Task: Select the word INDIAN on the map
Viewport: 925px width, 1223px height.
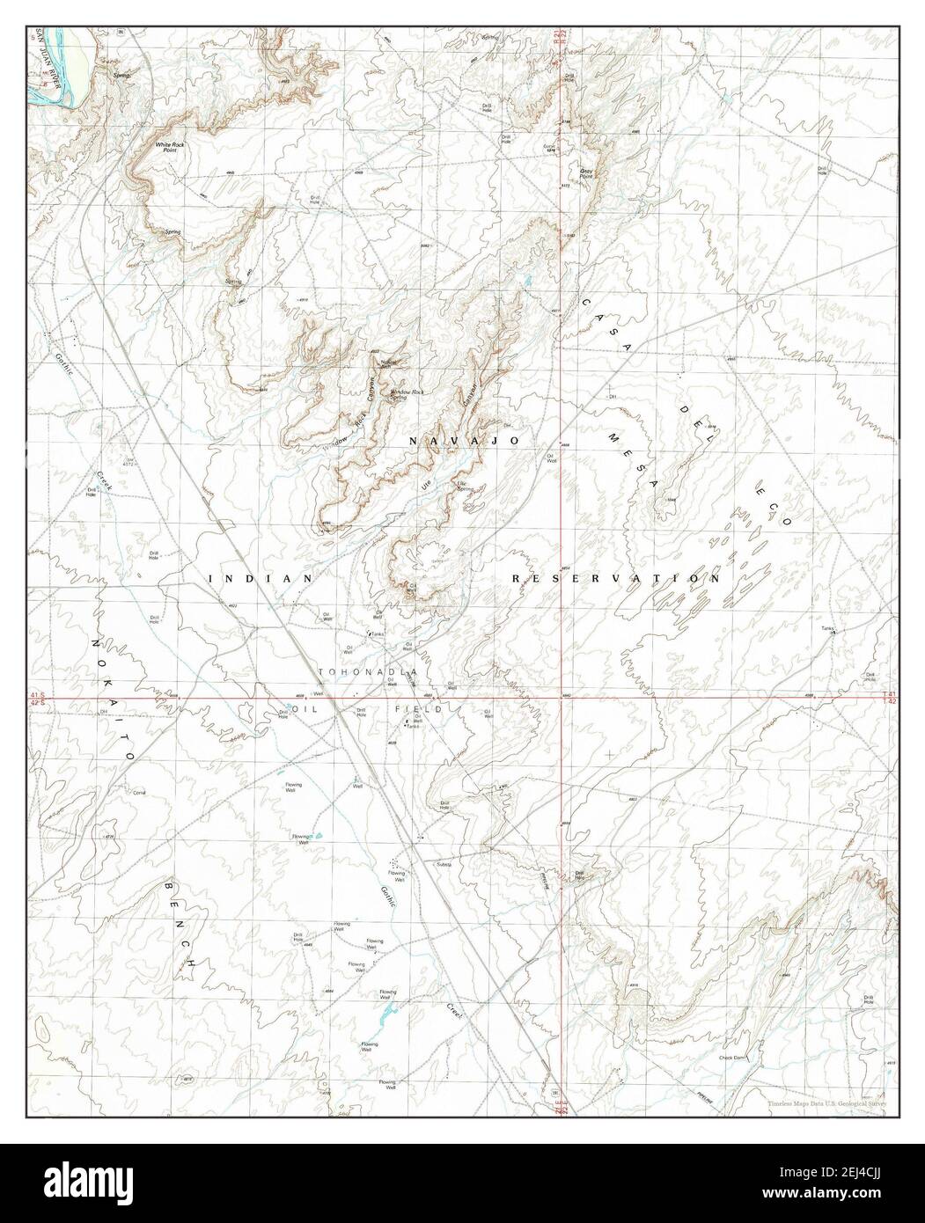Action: [261, 578]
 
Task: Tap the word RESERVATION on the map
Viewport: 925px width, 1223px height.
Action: [616, 578]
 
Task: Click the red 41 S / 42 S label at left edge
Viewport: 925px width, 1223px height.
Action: [36, 698]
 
